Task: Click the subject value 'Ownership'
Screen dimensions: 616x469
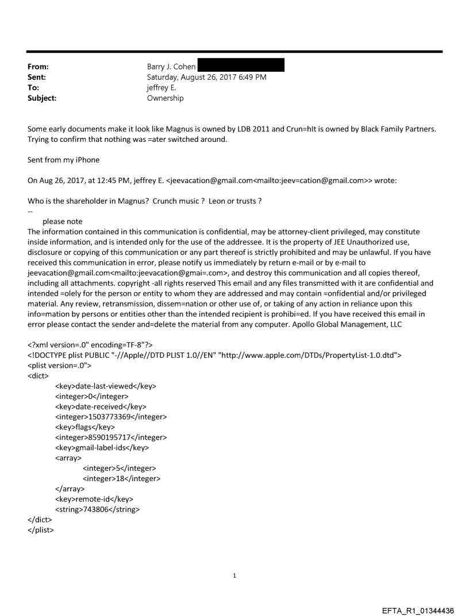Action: pos(166,98)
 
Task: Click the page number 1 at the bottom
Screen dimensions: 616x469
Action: pos(234,575)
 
